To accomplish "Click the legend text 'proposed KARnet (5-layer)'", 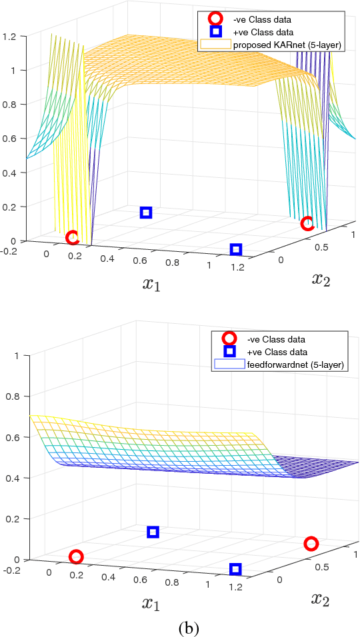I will pyautogui.click(x=271, y=45).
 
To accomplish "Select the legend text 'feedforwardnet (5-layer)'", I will pyautogui.click(x=283, y=364).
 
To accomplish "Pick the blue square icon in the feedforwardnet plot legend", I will pyautogui.click(x=229, y=352).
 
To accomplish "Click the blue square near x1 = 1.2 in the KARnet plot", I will pyautogui.click(x=235, y=249).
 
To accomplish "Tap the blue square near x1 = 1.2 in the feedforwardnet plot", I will pyautogui.click(x=235, y=568).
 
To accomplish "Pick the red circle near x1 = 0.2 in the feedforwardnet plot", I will pyautogui.click(x=76, y=556).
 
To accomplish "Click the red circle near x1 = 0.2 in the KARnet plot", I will pyautogui.click(x=72, y=237).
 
